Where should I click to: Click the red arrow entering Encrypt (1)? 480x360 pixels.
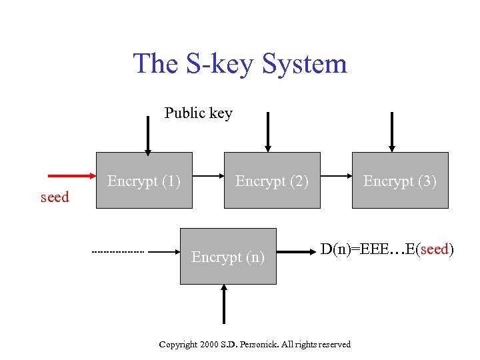pyautogui.click(x=73, y=176)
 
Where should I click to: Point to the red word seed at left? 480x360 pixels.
pyautogui.click(x=55, y=197)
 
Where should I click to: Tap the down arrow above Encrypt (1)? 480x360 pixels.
pyautogui.click(x=148, y=133)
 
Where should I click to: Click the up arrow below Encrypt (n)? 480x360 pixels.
pyautogui.click(x=224, y=304)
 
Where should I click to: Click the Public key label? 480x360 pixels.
pyautogui.click(x=199, y=113)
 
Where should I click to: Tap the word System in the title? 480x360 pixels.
pyautogui.click(x=305, y=64)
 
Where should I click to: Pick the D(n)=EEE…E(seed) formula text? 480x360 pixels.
pyautogui.click(x=387, y=250)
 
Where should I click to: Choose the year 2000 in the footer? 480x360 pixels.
pyautogui.click(x=210, y=344)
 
